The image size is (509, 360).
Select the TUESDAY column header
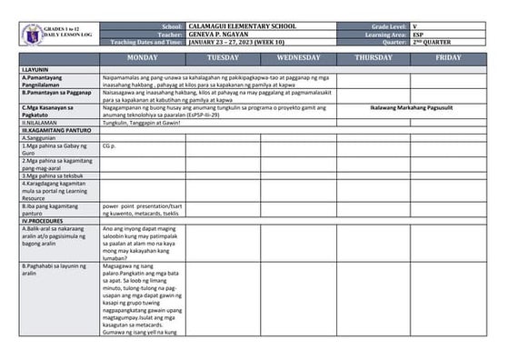[223, 57]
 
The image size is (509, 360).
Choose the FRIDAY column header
[449, 57]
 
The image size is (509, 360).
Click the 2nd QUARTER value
[431, 42]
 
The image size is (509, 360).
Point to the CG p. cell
[110, 145]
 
